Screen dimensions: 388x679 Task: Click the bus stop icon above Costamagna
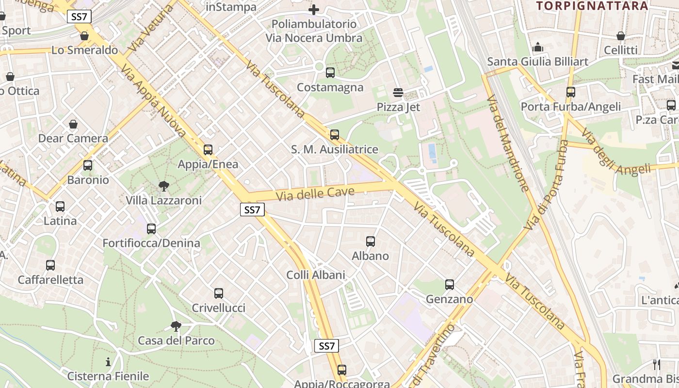[x=330, y=73]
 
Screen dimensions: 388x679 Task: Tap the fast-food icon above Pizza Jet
[x=399, y=92]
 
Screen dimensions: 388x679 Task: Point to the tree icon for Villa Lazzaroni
[x=164, y=186]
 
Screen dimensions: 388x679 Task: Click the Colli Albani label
[x=316, y=275]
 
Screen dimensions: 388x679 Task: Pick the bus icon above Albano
[x=371, y=241]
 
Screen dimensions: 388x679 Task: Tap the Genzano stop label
[x=449, y=299]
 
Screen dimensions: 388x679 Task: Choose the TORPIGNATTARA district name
[x=592, y=6]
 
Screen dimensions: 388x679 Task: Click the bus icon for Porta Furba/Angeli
[x=571, y=92]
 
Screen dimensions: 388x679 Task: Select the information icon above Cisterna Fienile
[x=108, y=362]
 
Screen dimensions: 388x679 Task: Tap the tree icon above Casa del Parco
[x=176, y=326]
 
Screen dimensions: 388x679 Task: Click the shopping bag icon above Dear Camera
[x=73, y=124]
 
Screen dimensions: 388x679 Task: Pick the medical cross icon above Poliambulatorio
[x=314, y=9]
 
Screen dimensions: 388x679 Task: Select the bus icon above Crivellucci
[x=219, y=293]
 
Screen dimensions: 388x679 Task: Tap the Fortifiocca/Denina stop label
[x=151, y=243]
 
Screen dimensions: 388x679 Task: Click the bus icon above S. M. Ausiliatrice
[x=335, y=135]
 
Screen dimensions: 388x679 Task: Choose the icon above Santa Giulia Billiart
[x=538, y=48]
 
